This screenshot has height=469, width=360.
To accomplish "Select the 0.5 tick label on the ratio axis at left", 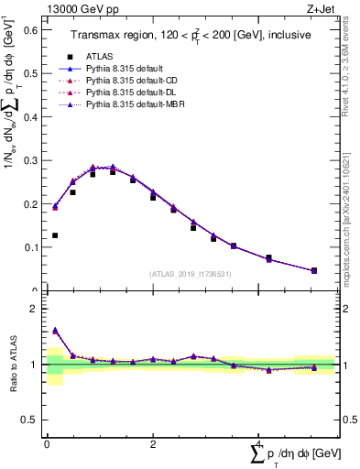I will tap(29, 420).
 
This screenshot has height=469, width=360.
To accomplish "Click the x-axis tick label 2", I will tap(153, 443).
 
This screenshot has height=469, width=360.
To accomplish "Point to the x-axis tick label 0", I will tap(47, 443).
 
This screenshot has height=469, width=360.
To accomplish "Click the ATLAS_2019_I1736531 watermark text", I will tap(190, 274).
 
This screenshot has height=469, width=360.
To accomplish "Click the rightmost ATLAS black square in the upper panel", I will tap(314, 270).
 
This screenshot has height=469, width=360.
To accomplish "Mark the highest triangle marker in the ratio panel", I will tap(55, 330).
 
